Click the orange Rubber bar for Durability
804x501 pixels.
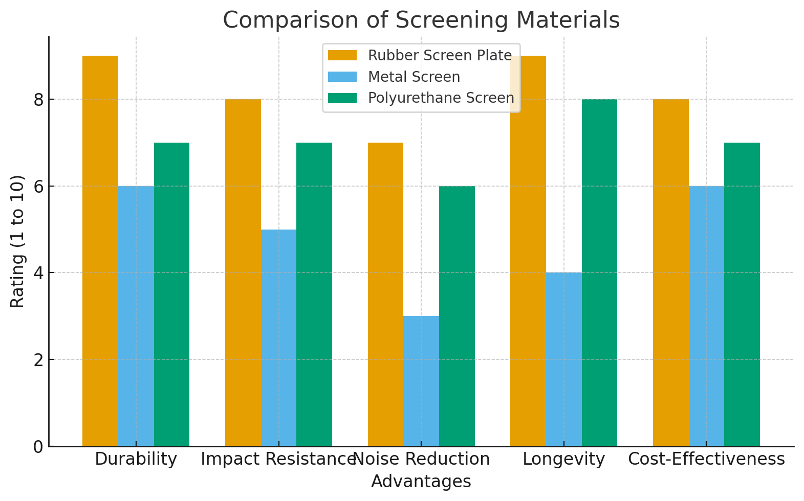coord(100,250)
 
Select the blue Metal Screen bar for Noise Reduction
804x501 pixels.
coord(421,381)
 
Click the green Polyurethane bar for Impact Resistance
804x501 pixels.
coord(314,294)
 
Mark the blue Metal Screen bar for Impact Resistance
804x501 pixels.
coord(278,337)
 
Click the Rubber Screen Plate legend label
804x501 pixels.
coord(440,55)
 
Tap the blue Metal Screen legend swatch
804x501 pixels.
coord(342,77)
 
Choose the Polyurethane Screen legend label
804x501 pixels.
coord(441,98)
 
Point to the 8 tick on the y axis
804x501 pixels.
coord(38,100)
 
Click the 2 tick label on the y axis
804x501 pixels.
coord(38,360)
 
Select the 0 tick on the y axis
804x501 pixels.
coord(38,447)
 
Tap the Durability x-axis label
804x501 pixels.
coord(136,459)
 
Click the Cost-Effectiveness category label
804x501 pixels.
coord(706,459)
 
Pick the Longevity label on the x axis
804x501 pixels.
coord(564,459)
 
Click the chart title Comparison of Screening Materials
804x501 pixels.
coord(421,20)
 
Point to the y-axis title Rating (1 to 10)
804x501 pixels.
coord(18,241)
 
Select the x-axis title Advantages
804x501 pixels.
coord(421,482)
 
